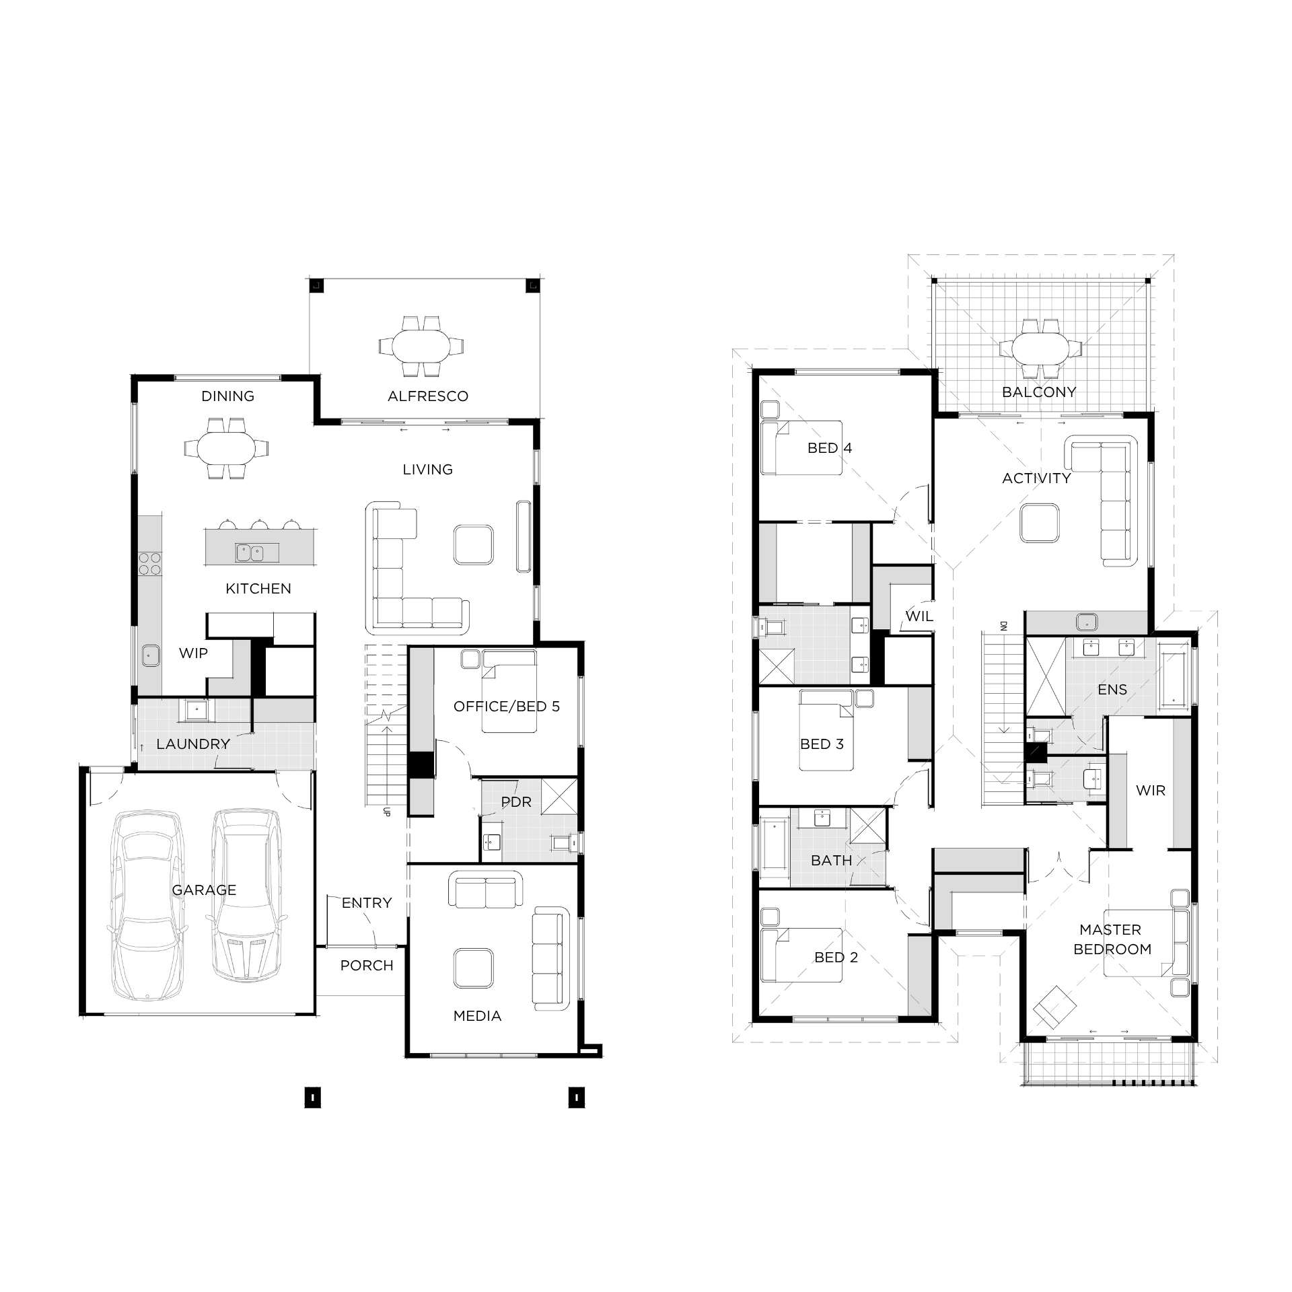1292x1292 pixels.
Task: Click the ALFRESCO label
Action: (x=428, y=396)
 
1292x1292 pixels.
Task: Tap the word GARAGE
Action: (x=204, y=890)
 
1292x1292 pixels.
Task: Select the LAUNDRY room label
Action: (x=193, y=744)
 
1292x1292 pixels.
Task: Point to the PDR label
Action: (x=516, y=802)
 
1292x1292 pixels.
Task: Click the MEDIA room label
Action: (x=477, y=1016)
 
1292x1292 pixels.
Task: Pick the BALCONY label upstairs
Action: (x=1039, y=392)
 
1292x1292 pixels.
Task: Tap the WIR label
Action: (x=1151, y=791)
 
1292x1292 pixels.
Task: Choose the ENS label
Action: (x=1112, y=690)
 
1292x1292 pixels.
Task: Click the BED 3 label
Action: (x=822, y=744)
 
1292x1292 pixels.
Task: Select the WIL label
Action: (x=919, y=616)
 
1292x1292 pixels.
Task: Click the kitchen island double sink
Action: (x=257, y=553)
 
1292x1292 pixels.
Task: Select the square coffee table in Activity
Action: (x=1040, y=524)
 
